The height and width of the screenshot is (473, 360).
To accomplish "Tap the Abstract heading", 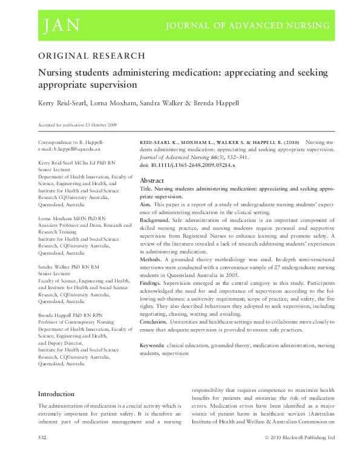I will click(x=152, y=180).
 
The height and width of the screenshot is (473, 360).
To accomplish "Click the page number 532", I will click(x=42, y=453).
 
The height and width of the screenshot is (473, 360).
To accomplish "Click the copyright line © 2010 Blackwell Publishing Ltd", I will click(x=299, y=453).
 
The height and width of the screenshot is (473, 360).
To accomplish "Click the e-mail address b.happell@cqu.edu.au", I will click(x=70, y=148).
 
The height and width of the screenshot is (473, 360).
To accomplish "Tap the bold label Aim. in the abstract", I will click(x=146, y=206).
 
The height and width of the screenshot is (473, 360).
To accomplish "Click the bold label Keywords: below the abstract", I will click(x=152, y=345).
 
